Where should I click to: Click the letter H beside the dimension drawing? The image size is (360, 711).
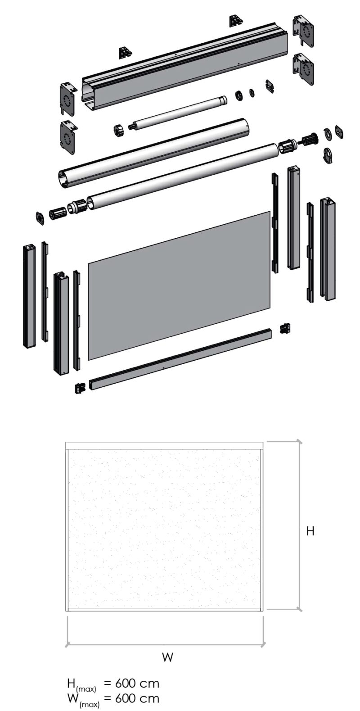310,531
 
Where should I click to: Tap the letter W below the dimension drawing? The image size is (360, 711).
167,657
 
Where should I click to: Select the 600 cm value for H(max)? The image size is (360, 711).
137,683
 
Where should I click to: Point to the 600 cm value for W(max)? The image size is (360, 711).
137,698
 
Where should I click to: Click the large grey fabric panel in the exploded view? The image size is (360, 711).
179,285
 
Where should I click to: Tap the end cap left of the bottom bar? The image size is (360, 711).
80,388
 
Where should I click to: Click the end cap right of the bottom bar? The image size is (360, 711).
285,328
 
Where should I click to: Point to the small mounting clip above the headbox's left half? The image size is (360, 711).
125,53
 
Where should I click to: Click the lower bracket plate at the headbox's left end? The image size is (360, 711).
68,137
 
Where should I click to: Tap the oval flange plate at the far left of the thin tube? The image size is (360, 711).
40,218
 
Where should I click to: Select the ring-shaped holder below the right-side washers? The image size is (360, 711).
329,156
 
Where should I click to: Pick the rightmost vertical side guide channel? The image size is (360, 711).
328,249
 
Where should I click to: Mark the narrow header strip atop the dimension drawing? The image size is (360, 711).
164,445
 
